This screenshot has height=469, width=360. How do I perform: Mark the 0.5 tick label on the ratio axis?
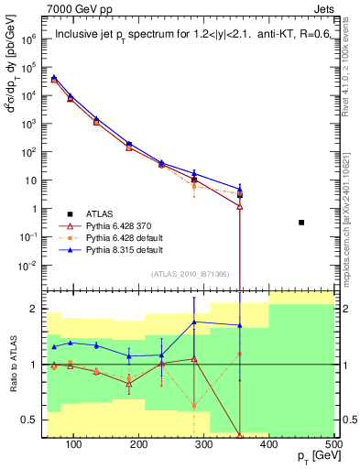[33, 420]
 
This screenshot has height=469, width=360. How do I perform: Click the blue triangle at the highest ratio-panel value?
[194, 322]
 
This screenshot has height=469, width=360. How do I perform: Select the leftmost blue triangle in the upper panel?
[54, 78]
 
